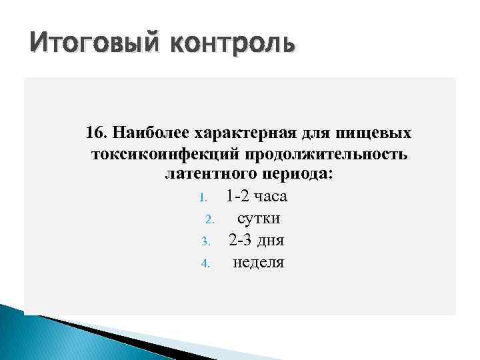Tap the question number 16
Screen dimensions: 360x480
(96, 133)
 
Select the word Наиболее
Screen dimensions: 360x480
(149, 133)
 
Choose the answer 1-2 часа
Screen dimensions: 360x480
(257, 197)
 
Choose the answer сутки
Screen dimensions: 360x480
(259, 219)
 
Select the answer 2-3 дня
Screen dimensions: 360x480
(257, 240)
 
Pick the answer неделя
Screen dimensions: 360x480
(258, 262)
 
